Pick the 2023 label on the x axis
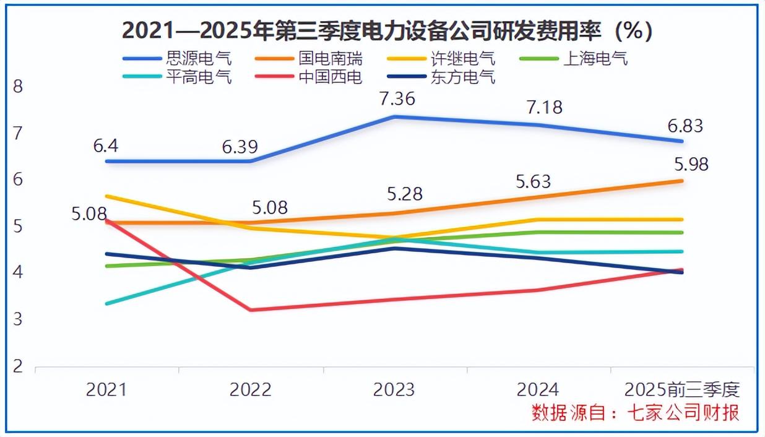(394, 390)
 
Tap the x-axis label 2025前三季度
(682, 390)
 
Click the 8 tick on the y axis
(17, 86)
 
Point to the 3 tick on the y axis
(17, 319)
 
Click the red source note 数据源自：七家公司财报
(635, 413)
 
